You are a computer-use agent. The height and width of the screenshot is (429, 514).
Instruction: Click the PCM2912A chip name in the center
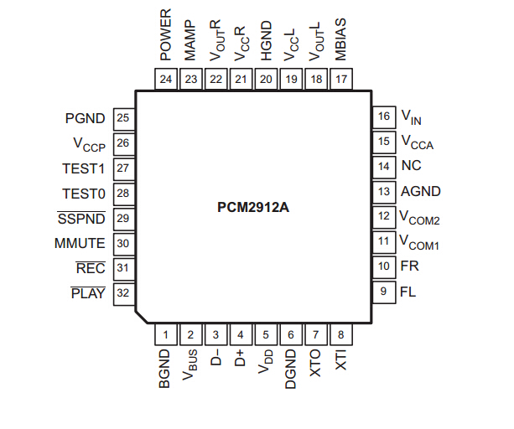pos(253,205)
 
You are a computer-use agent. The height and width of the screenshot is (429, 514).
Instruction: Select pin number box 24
pos(166,79)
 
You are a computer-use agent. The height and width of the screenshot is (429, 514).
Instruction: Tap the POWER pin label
pos(166,37)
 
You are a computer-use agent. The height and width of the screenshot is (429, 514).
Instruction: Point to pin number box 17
pos(341,79)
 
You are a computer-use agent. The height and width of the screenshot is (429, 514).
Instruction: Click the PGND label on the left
pos(85,118)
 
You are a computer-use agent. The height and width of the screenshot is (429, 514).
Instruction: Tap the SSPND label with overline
pos(81,219)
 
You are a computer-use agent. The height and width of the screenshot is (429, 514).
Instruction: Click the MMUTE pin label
pos(80,244)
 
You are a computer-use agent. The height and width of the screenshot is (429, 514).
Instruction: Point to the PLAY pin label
pos(88,293)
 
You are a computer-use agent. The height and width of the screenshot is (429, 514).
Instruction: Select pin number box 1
pos(166,335)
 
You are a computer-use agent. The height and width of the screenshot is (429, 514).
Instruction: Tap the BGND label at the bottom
pos(166,371)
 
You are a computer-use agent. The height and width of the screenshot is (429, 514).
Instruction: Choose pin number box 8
pos(341,335)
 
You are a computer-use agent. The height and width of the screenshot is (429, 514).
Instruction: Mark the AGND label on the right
pos(420,191)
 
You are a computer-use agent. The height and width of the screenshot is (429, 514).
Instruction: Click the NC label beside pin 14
pos(411,166)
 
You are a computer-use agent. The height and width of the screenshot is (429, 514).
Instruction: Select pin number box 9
pos(384,292)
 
